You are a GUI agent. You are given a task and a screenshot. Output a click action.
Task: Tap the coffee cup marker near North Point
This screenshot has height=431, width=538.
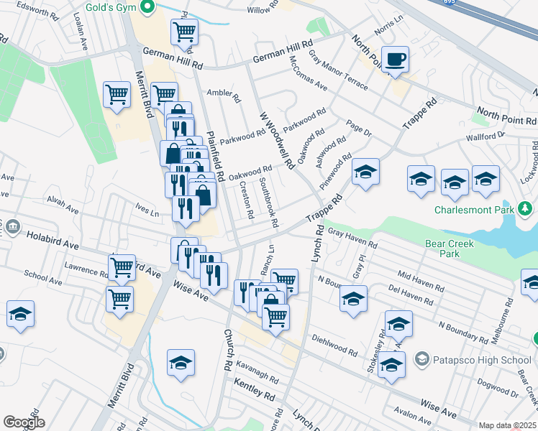pos(395,60)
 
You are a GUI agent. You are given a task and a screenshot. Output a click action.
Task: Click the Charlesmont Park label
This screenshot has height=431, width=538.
pos(475,210)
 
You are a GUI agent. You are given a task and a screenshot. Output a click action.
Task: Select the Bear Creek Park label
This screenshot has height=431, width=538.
pos(450,249)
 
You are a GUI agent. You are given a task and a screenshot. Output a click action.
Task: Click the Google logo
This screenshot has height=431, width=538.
pos(23,422)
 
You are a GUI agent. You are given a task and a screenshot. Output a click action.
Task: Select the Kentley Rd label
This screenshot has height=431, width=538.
pos(255,394)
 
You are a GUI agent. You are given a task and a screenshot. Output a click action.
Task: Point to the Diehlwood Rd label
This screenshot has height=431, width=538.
pos(335,346)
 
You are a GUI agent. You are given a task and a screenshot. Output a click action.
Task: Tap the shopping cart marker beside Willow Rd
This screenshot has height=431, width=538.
pos(184,32)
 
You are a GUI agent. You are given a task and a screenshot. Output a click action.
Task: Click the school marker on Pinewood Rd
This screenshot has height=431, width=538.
pos(365,173)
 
